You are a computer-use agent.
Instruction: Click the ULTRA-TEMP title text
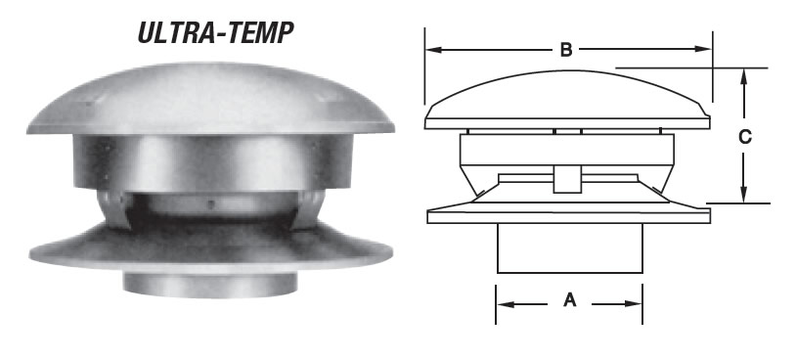[x=216, y=33]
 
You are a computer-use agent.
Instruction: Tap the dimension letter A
[x=569, y=300]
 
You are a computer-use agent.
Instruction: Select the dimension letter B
[x=566, y=50]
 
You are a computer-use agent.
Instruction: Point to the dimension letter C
[x=745, y=137]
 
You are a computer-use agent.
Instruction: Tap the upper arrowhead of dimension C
[x=744, y=77]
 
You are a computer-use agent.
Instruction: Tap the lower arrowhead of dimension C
[x=744, y=194]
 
